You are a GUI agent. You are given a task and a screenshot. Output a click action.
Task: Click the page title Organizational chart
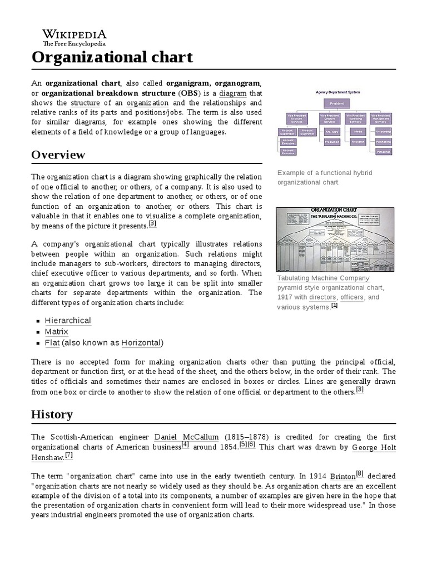point(112,57)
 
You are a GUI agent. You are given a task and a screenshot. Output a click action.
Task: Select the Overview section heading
point(58,154)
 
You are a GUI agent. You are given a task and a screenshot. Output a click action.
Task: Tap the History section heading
point(52,414)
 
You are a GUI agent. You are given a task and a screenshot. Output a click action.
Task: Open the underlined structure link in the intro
point(85,103)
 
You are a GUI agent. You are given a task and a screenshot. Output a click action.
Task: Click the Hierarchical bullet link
point(68,321)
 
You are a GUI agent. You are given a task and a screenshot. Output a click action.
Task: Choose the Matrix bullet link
point(57,332)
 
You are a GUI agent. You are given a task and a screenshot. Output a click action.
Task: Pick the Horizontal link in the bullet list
point(141,342)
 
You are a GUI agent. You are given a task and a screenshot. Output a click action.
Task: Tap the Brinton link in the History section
point(342,477)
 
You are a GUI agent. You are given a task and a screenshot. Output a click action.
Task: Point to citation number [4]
point(185,445)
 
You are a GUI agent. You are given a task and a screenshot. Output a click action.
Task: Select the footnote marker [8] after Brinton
point(360,473)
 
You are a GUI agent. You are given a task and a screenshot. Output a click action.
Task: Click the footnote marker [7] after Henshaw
point(69,455)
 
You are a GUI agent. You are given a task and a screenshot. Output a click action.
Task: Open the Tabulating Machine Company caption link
point(323,278)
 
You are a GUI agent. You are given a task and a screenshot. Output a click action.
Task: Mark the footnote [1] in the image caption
point(334,305)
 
